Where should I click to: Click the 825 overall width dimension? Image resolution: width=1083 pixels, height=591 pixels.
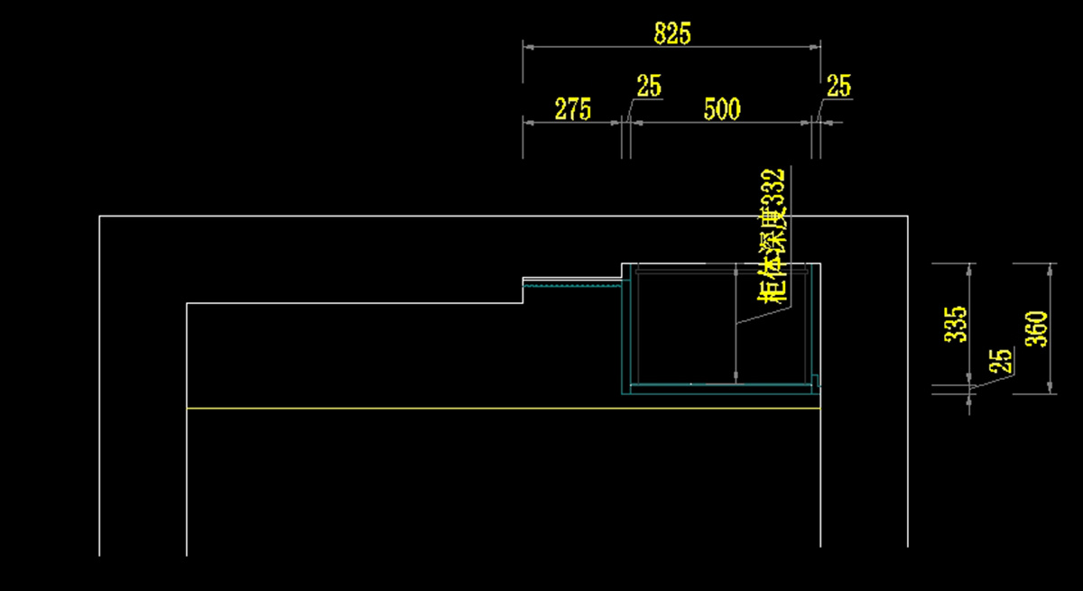click(671, 34)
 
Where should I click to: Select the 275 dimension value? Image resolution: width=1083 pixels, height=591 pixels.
click(572, 110)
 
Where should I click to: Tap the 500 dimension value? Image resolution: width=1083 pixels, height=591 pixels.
click(722, 110)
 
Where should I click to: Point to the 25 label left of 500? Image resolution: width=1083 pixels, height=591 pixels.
click(649, 87)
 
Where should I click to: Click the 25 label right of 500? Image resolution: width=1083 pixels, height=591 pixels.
click(838, 87)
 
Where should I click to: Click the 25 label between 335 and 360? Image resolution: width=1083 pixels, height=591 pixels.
click(1000, 361)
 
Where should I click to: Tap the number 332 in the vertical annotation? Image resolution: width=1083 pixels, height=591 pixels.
click(774, 190)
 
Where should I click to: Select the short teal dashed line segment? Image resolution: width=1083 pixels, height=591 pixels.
click(573, 286)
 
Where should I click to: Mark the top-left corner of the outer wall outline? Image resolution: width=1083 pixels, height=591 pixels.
click(99, 217)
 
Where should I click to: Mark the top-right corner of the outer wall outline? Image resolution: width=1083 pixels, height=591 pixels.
click(906, 217)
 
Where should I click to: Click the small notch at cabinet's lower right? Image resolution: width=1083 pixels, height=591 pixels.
click(816, 380)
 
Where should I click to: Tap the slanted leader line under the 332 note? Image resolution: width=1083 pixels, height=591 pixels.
click(764, 315)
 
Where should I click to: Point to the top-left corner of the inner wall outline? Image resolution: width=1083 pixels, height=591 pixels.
click(187, 303)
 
